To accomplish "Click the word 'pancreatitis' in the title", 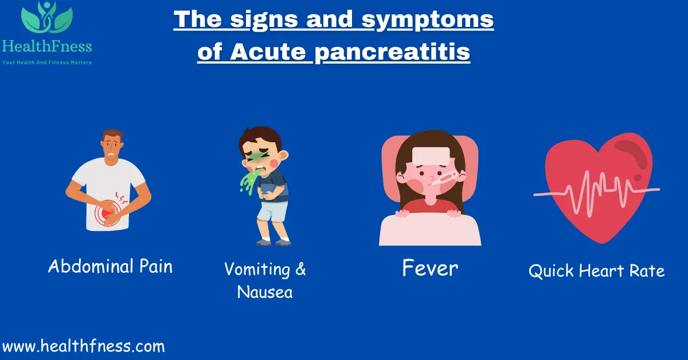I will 392,52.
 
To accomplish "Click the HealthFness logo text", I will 46,46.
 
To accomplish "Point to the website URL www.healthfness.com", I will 83,346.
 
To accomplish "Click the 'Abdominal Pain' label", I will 110,266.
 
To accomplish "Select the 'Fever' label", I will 430,268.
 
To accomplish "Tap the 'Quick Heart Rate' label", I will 596,271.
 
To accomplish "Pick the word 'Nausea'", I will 264,292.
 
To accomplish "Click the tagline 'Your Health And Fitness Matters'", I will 46,62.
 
